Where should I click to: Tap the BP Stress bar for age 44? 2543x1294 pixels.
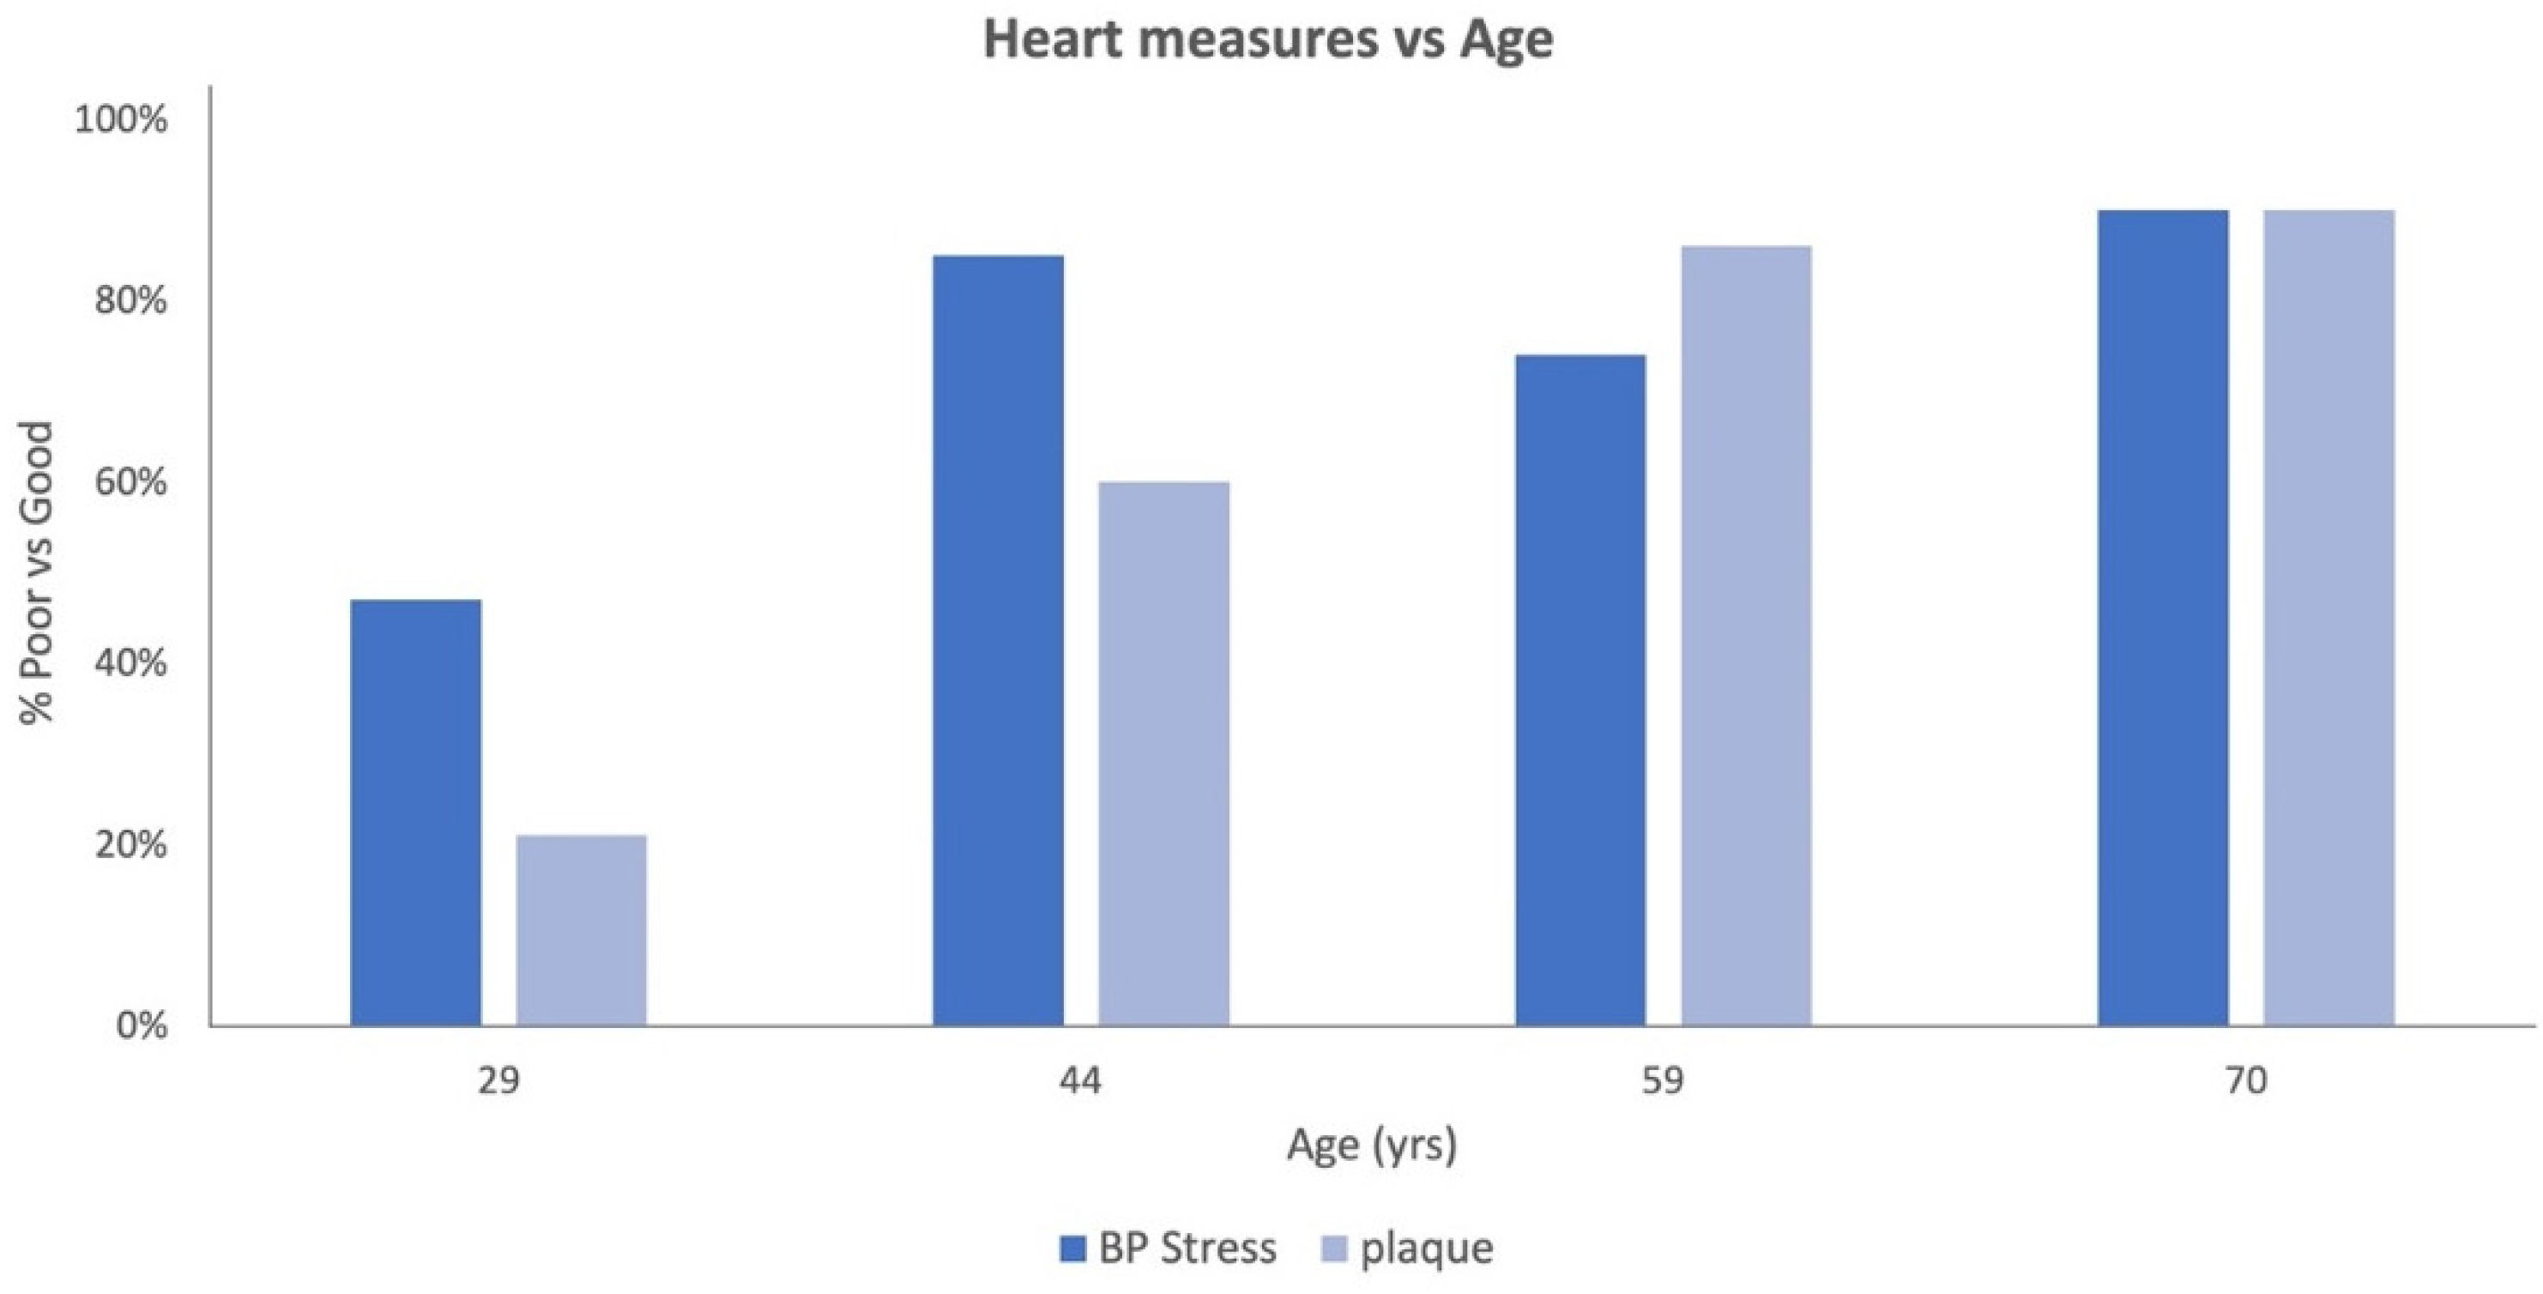coord(998,641)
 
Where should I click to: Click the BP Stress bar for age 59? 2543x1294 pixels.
coord(1580,690)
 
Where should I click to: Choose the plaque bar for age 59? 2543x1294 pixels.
coord(1746,636)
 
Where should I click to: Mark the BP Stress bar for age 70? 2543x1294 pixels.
coord(2163,618)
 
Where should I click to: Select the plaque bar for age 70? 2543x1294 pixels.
coord(2329,618)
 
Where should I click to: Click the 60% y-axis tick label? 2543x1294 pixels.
coord(130,482)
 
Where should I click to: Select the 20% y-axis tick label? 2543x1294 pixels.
coord(130,845)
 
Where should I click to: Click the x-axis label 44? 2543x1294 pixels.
coord(1080,1082)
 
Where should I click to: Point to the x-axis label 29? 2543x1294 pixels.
coord(498,1082)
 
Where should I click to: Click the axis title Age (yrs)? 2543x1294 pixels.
coord(1371,1146)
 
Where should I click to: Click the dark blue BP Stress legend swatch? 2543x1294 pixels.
coord(1072,1249)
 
